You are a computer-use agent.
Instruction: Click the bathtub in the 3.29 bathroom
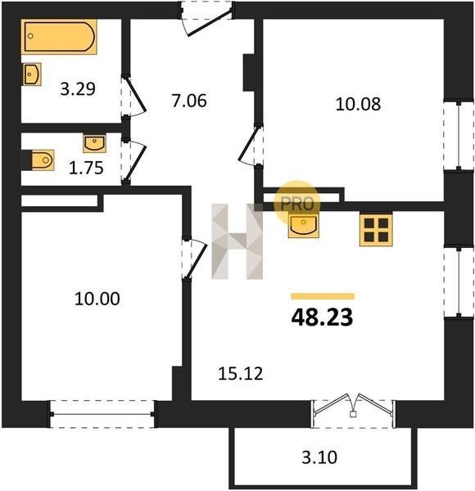(x=59, y=37)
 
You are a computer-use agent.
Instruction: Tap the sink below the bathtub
(x=31, y=74)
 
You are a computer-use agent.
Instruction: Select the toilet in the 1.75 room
(x=43, y=160)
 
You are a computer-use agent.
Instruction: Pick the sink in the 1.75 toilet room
(x=94, y=143)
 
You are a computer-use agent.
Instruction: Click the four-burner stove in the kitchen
(x=376, y=230)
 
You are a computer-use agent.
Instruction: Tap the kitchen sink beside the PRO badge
(x=303, y=226)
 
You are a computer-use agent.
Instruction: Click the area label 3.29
(x=78, y=89)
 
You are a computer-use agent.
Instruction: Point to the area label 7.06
(x=189, y=101)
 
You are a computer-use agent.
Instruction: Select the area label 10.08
(x=358, y=104)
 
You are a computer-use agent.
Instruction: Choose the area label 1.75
(x=86, y=168)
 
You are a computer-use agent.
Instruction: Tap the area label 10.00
(x=97, y=299)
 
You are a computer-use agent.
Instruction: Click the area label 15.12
(x=240, y=374)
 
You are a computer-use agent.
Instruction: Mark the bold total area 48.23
(x=322, y=318)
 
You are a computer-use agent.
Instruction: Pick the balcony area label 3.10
(x=319, y=457)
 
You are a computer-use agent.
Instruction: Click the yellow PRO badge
(x=297, y=204)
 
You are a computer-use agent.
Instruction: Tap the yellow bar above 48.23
(x=323, y=296)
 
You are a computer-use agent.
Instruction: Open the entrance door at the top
(x=207, y=19)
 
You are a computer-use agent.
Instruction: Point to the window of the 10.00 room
(x=102, y=414)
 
